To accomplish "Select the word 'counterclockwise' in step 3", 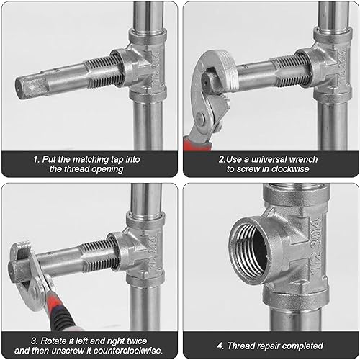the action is (128, 351).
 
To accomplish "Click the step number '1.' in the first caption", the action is (37, 160).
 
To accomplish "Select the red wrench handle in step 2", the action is (197, 143).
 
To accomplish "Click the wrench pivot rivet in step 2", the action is (201, 118).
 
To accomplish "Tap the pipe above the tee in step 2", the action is (333, 15).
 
